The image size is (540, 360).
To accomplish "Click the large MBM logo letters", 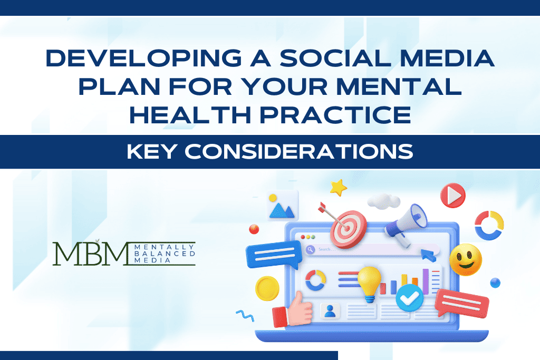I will pyautogui.click(x=91, y=254).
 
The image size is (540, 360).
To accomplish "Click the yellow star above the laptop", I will pyautogui.click(x=337, y=187).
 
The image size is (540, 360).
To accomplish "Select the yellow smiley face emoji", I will pyautogui.click(x=465, y=259).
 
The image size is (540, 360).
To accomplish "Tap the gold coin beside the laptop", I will pyautogui.click(x=267, y=288).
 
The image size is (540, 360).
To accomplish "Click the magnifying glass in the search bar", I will pyautogui.click(x=310, y=249).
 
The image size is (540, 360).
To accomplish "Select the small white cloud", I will pyautogui.click(x=383, y=200).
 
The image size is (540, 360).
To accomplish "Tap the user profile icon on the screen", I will pyautogui.click(x=330, y=311).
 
